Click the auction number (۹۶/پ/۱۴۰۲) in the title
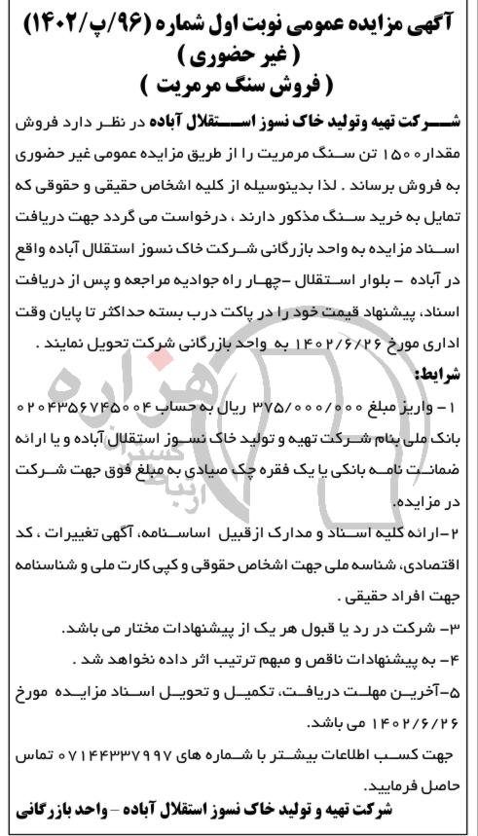click(97, 21)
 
